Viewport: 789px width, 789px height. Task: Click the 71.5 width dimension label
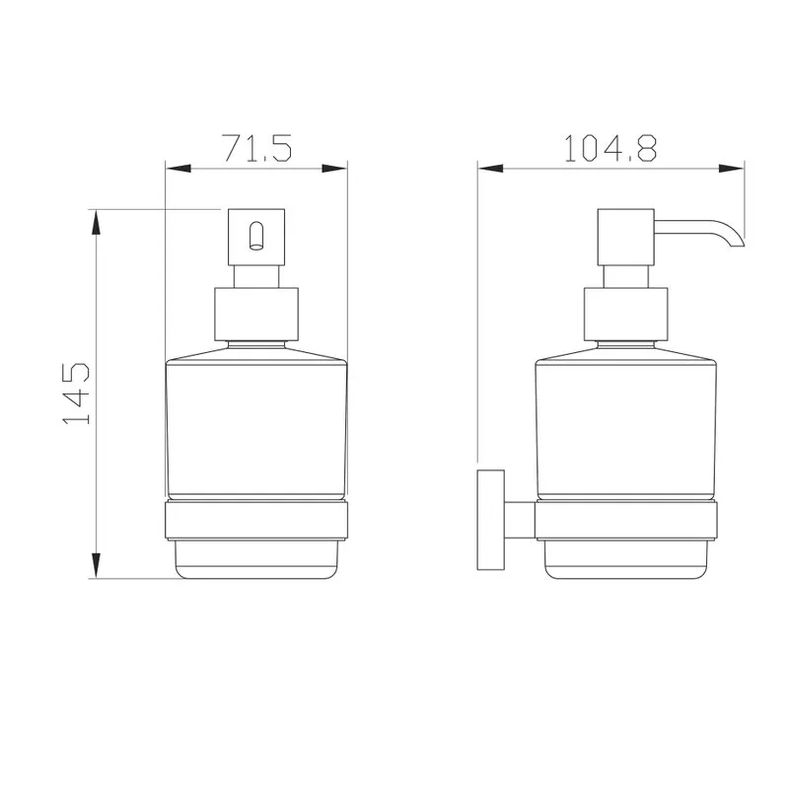click(257, 148)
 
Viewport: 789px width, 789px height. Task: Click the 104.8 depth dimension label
click(610, 148)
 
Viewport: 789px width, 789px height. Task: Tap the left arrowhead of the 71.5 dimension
click(179, 169)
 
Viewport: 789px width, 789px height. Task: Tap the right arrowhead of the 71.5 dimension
click(334, 169)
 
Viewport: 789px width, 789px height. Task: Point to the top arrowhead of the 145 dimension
click(95, 222)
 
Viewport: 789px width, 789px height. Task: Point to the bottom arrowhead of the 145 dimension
click(95, 565)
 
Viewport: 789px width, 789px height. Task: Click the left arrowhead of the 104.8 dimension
click(490, 169)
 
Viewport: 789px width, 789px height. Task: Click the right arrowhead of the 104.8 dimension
click(732, 169)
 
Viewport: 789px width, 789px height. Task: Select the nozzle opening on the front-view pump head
click(256, 236)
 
